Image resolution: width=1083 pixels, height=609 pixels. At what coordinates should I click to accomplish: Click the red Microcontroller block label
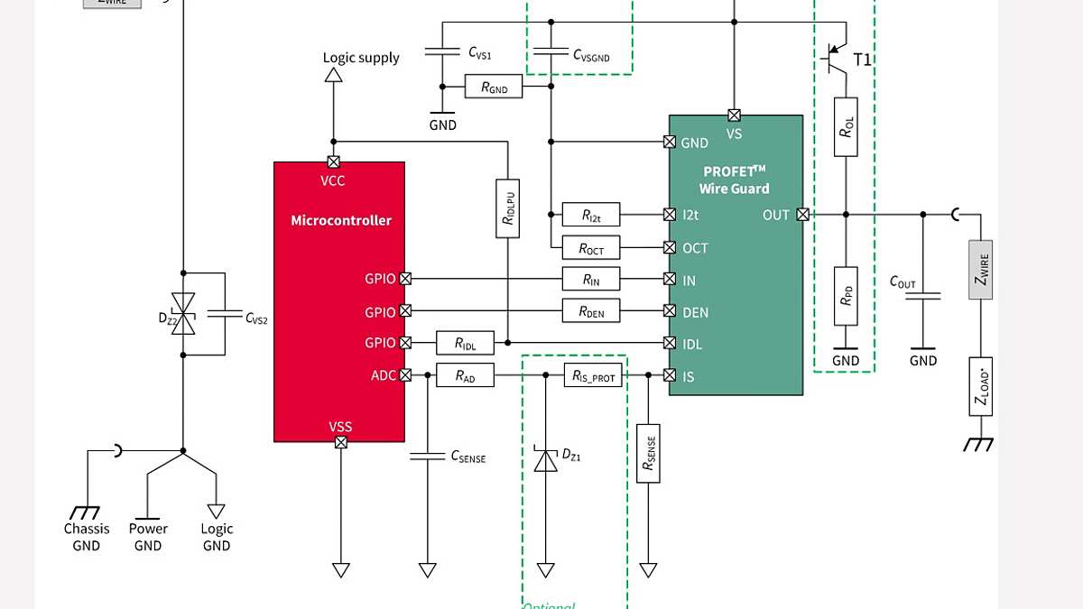[x=341, y=220]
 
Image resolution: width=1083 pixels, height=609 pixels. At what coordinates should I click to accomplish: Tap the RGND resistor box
[x=494, y=88]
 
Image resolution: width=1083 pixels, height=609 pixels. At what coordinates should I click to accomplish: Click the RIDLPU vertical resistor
[x=508, y=208]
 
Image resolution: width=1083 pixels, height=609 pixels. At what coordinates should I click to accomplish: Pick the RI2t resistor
[x=590, y=215]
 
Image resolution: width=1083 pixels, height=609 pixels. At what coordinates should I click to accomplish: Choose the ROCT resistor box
[x=590, y=247]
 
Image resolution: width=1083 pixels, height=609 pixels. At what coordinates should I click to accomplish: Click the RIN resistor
[x=590, y=279]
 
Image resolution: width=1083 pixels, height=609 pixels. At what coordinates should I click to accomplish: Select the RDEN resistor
[x=590, y=311]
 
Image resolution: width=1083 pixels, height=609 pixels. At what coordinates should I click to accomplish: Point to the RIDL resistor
[x=465, y=343]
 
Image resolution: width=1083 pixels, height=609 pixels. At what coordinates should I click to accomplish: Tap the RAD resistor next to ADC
[x=465, y=375]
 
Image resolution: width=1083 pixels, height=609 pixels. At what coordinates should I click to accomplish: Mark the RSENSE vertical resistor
[x=648, y=453]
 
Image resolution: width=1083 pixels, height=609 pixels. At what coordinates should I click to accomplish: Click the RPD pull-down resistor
[x=846, y=297]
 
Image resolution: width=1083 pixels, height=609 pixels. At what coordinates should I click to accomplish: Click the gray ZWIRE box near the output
[x=981, y=269]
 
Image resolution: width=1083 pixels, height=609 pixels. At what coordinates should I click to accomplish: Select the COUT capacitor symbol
[x=923, y=294]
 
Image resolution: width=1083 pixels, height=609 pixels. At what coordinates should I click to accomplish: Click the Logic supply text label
[x=361, y=58]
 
